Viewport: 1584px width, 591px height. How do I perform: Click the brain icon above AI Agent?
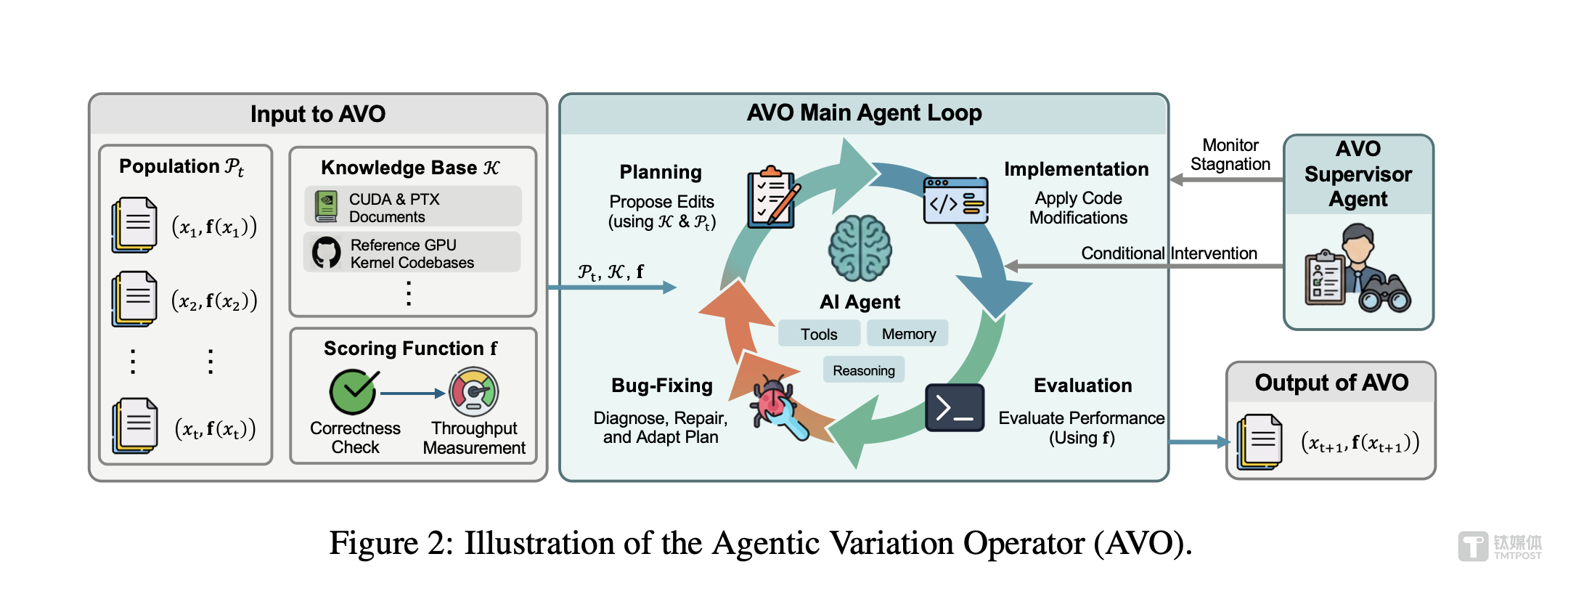pyautogui.click(x=860, y=248)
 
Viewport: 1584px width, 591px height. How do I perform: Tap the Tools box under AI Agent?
pyautogui.click(x=819, y=334)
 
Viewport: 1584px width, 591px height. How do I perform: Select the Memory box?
pyautogui.click(x=908, y=334)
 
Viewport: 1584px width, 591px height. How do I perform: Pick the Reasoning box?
pyautogui.click(x=864, y=370)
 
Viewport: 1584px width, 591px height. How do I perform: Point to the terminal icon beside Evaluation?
pyautogui.click(x=955, y=408)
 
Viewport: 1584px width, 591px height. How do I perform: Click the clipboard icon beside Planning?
pyautogui.click(x=773, y=197)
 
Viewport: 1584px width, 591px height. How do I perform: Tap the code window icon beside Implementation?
pyautogui.click(x=955, y=201)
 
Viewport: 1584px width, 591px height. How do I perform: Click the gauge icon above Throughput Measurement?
pyautogui.click(x=474, y=391)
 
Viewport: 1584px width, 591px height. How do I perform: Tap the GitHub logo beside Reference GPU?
pyautogui.click(x=327, y=253)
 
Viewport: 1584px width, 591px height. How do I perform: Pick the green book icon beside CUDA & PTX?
pyautogui.click(x=327, y=207)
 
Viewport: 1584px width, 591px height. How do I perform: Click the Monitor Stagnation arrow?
pyautogui.click(x=1227, y=179)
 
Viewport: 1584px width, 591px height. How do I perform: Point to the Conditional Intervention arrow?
pyautogui.click(x=1147, y=266)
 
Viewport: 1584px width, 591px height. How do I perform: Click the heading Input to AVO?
pyautogui.click(x=318, y=114)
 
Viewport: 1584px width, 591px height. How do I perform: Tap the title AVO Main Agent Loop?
pyautogui.click(x=864, y=113)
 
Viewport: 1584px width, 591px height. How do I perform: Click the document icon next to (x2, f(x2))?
pyautogui.click(x=134, y=299)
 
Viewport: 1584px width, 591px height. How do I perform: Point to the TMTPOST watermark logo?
pyautogui.click(x=1500, y=547)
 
